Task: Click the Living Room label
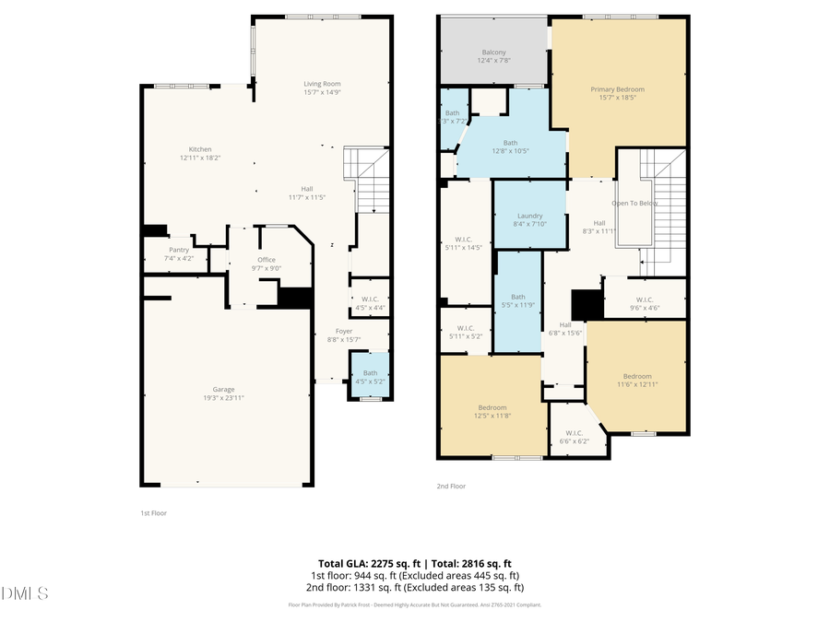(x=323, y=84)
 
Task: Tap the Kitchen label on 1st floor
(x=201, y=149)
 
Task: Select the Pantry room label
(x=179, y=250)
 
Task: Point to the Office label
(x=267, y=260)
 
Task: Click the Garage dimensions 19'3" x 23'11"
(x=225, y=397)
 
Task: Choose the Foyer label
(x=344, y=331)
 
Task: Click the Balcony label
(x=493, y=53)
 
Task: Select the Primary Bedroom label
(x=617, y=89)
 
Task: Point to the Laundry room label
(x=529, y=216)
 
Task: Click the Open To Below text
(x=635, y=203)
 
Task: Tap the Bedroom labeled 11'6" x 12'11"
(x=636, y=376)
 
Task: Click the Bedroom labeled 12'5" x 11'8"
(x=492, y=407)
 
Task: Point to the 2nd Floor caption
(x=451, y=486)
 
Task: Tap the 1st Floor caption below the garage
(x=153, y=512)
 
